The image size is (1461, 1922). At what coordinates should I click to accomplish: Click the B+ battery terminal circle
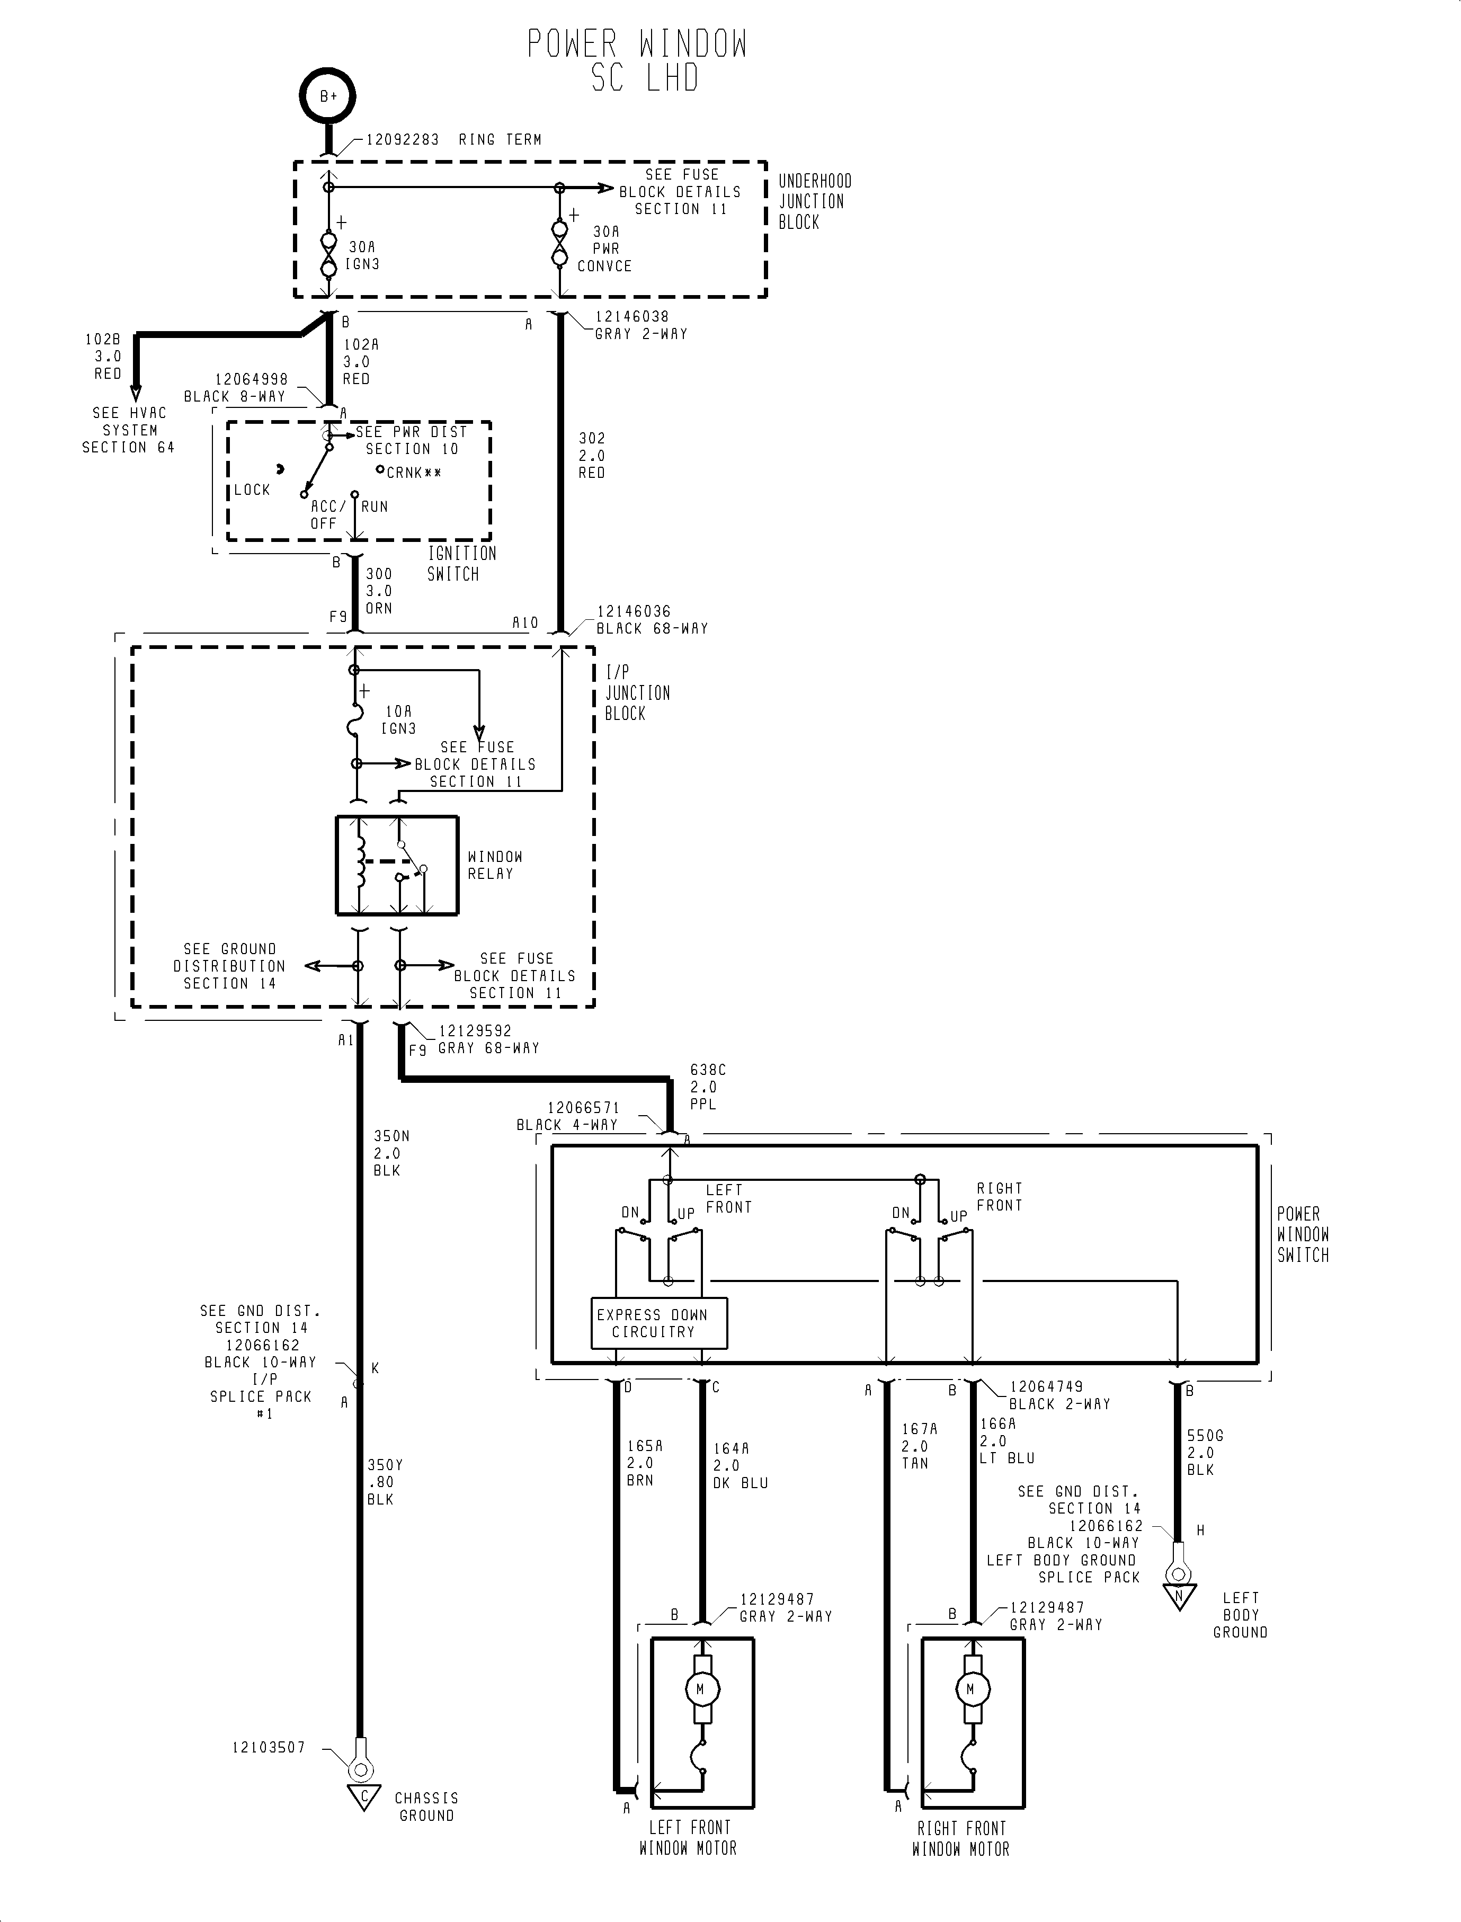[x=328, y=96]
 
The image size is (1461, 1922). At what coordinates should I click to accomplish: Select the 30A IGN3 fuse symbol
[x=329, y=254]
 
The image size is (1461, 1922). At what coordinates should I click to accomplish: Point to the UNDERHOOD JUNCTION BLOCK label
[x=814, y=201]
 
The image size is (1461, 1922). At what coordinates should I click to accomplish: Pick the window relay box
[x=397, y=865]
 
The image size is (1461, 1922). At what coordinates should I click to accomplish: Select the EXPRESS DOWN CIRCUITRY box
[x=658, y=1323]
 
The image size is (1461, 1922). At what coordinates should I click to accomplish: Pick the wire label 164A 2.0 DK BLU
[x=739, y=1465]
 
